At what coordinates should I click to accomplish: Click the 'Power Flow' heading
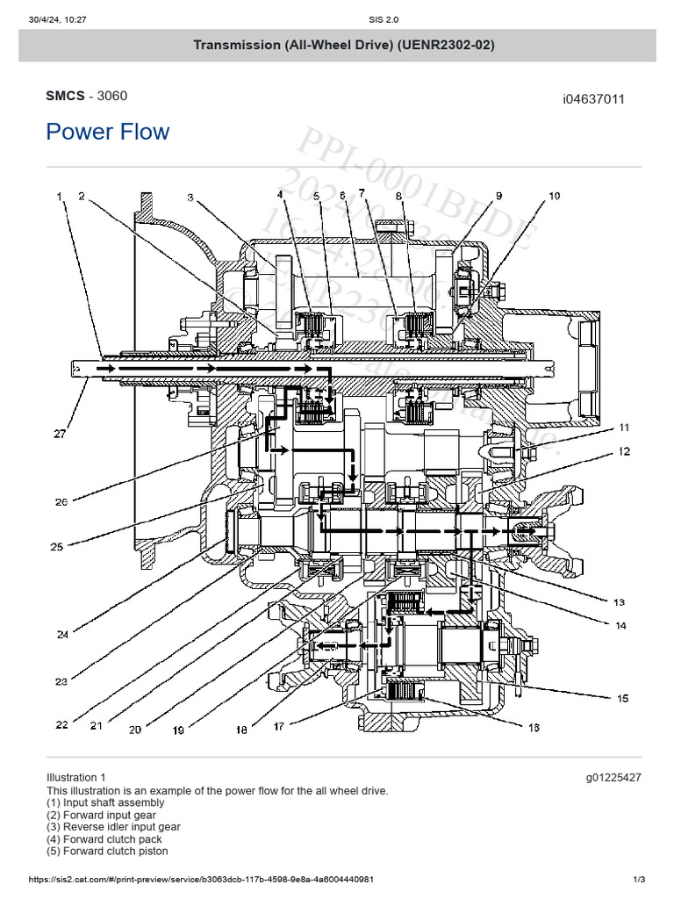(x=107, y=132)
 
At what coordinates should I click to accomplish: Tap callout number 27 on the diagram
(x=59, y=433)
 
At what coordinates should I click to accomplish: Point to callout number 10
(x=554, y=197)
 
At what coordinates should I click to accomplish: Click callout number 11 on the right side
(x=624, y=428)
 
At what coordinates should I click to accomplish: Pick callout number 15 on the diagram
(x=622, y=699)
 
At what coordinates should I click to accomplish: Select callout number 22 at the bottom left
(x=61, y=725)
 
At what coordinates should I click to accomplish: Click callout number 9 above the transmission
(x=498, y=196)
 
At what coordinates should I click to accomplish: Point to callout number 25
(x=57, y=547)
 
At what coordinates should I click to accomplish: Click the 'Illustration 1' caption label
(x=76, y=777)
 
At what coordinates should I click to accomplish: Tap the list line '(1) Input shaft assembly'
(x=105, y=802)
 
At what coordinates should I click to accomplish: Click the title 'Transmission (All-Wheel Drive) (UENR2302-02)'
(x=337, y=45)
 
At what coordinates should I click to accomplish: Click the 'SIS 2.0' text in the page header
(x=337, y=10)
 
